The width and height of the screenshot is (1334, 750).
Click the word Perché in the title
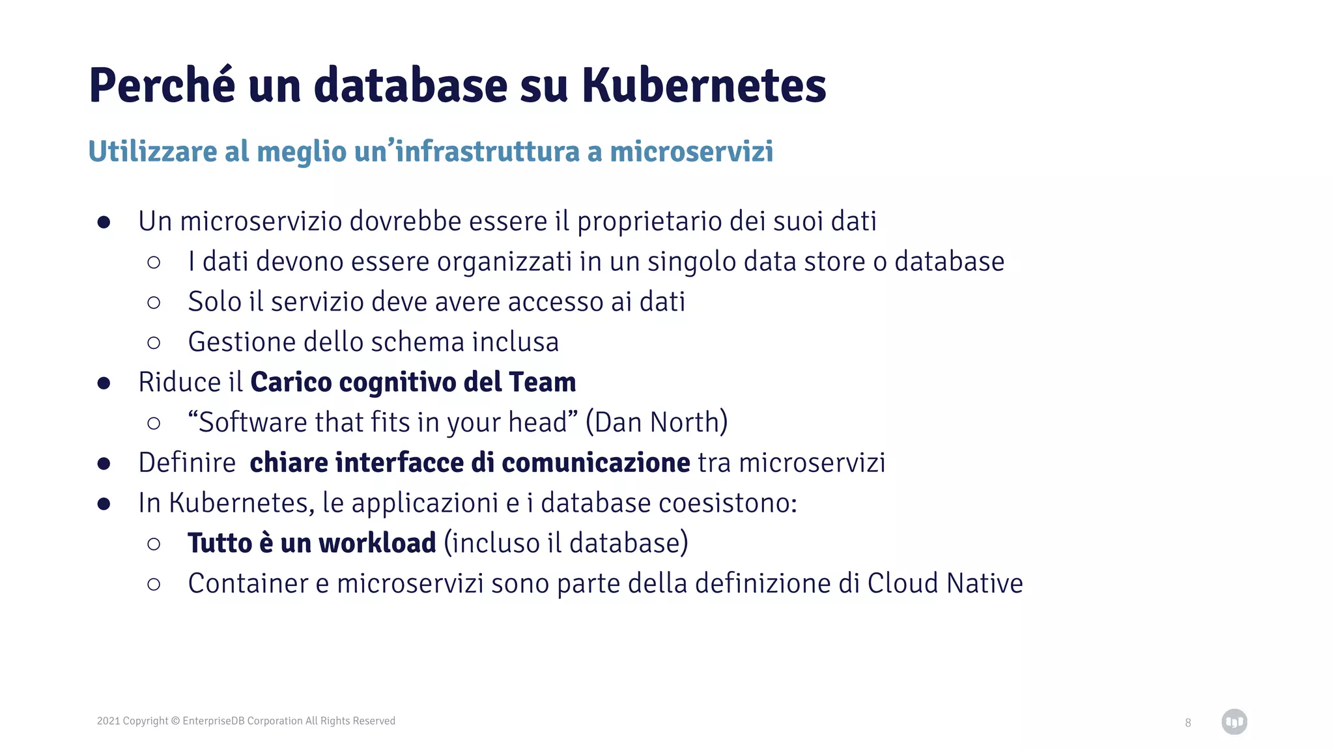162,85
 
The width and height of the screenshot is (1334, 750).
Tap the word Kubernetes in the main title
703,85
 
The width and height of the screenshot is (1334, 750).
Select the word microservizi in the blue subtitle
691,152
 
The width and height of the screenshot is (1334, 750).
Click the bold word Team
543,382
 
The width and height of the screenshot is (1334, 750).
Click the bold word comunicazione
595,463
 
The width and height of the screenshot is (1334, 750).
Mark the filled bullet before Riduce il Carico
104,383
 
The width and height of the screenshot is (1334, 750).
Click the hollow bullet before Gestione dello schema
154,342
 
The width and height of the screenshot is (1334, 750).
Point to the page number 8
1188,723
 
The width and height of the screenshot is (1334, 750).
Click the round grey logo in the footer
1234,721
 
